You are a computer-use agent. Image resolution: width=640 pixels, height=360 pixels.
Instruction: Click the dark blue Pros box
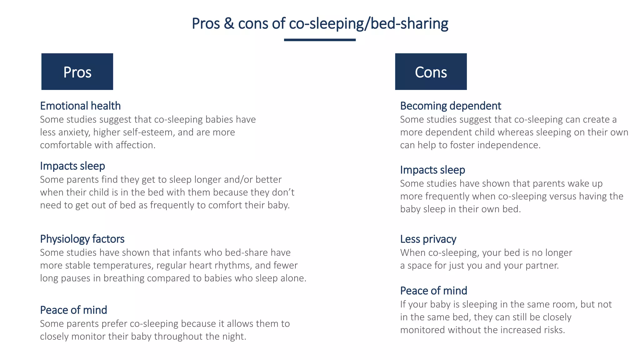click(77, 72)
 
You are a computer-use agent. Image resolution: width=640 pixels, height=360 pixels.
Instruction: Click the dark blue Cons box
click(431, 72)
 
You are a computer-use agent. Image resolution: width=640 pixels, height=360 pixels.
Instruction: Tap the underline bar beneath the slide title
click(320, 40)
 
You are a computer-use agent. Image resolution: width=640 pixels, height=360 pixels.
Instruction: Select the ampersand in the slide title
click(229, 23)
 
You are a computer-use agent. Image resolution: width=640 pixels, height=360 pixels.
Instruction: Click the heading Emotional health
click(80, 106)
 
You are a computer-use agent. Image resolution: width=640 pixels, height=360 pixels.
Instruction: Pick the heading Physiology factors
click(82, 239)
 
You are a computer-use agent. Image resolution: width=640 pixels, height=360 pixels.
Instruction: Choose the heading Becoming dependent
click(450, 106)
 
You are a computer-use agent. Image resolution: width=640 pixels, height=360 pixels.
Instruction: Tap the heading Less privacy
click(428, 239)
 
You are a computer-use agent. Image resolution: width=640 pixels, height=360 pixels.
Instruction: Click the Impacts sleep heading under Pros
click(72, 166)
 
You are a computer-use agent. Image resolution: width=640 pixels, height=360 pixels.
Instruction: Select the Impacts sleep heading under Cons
click(432, 170)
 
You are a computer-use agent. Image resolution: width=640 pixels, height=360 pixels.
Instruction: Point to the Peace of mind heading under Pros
click(73, 310)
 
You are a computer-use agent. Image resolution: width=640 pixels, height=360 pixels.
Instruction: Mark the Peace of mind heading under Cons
click(433, 291)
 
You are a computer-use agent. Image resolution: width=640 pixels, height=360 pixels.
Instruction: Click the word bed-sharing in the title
click(409, 23)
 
